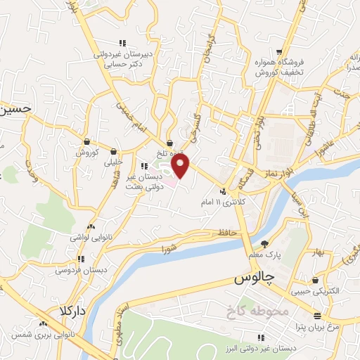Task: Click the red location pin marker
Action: click(x=181, y=167)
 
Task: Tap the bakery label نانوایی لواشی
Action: click(x=85, y=238)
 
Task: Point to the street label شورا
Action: click(x=169, y=248)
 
